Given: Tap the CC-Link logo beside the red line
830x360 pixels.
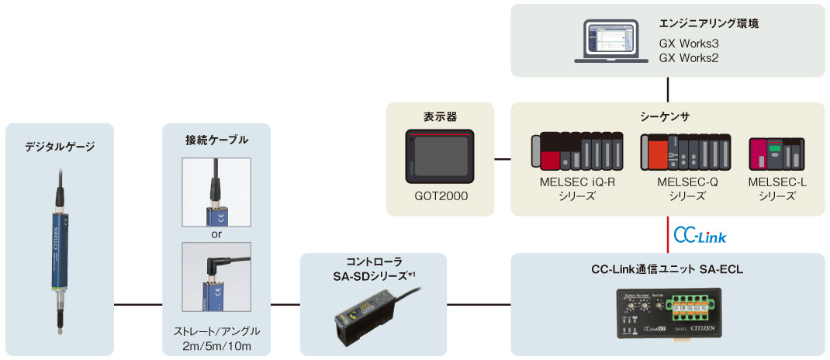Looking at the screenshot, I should [x=700, y=234].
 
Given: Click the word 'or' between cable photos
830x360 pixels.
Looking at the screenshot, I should [x=216, y=234].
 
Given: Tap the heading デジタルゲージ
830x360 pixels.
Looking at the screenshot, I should [x=61, y=144].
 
